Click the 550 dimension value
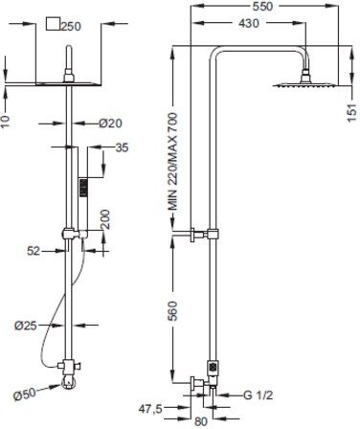[x=262, y=7]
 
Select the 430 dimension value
[x=249, y=23]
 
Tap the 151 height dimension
[x=352, y=112]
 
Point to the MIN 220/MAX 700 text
[x=173, y=161]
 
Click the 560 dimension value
[x=173, y=310]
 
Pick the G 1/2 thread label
[x=259, y=395]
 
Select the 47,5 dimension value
[x=151, y=409]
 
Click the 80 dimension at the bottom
[x=201, y=421]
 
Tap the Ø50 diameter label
[x=25, y=395]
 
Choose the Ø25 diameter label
[x=26, y=326]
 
